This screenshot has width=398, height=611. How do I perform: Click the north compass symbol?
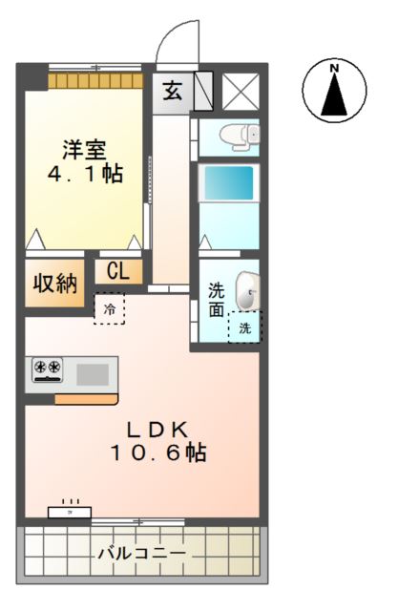tap(334, 93)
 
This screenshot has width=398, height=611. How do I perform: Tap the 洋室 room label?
tap(85, 151)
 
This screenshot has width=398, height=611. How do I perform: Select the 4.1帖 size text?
tap(85, 175)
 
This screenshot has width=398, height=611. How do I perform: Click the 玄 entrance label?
tap(172, 92)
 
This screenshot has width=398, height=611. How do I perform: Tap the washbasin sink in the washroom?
tap(246, 290)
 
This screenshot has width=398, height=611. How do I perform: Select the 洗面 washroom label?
tap(216, 300)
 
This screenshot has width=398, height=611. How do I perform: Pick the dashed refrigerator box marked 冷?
tap(109, 308)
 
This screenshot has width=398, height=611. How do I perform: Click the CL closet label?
tap(117, 271)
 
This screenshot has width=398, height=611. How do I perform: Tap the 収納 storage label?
tap(55, 284)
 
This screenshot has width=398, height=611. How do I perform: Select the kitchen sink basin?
tap(93, 372)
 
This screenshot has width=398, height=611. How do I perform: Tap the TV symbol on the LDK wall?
tap(71, 509)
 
